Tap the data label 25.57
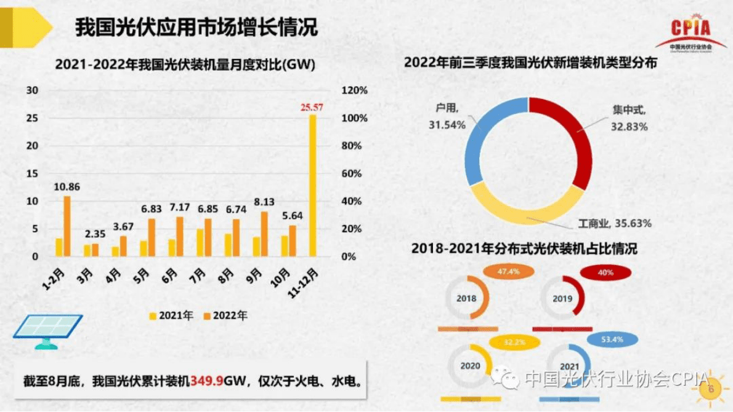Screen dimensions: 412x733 [x=312, y=108]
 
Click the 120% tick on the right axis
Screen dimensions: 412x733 [x=354, y=90]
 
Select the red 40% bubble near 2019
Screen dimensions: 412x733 [x=605, y=272]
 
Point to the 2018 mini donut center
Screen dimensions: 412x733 [x=466, y=299]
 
